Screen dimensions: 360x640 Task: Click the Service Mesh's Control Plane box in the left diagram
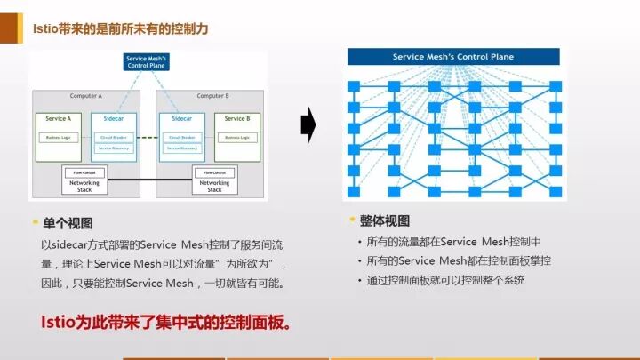click(x=149, y=62)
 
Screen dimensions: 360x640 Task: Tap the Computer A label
click(x=86, y=96)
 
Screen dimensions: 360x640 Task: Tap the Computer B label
click(x=212, y=96)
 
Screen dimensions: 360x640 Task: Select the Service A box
click(x=58, y=119)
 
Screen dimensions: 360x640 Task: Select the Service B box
click(x=236, y=119)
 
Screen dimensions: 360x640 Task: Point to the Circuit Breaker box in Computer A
click(x=115, y=138)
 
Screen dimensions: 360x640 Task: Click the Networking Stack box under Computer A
click(x=85, y=186)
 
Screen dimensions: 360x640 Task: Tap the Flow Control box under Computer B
click(x=214, y=172)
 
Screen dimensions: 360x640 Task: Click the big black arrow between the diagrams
click(x=308, y=124)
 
